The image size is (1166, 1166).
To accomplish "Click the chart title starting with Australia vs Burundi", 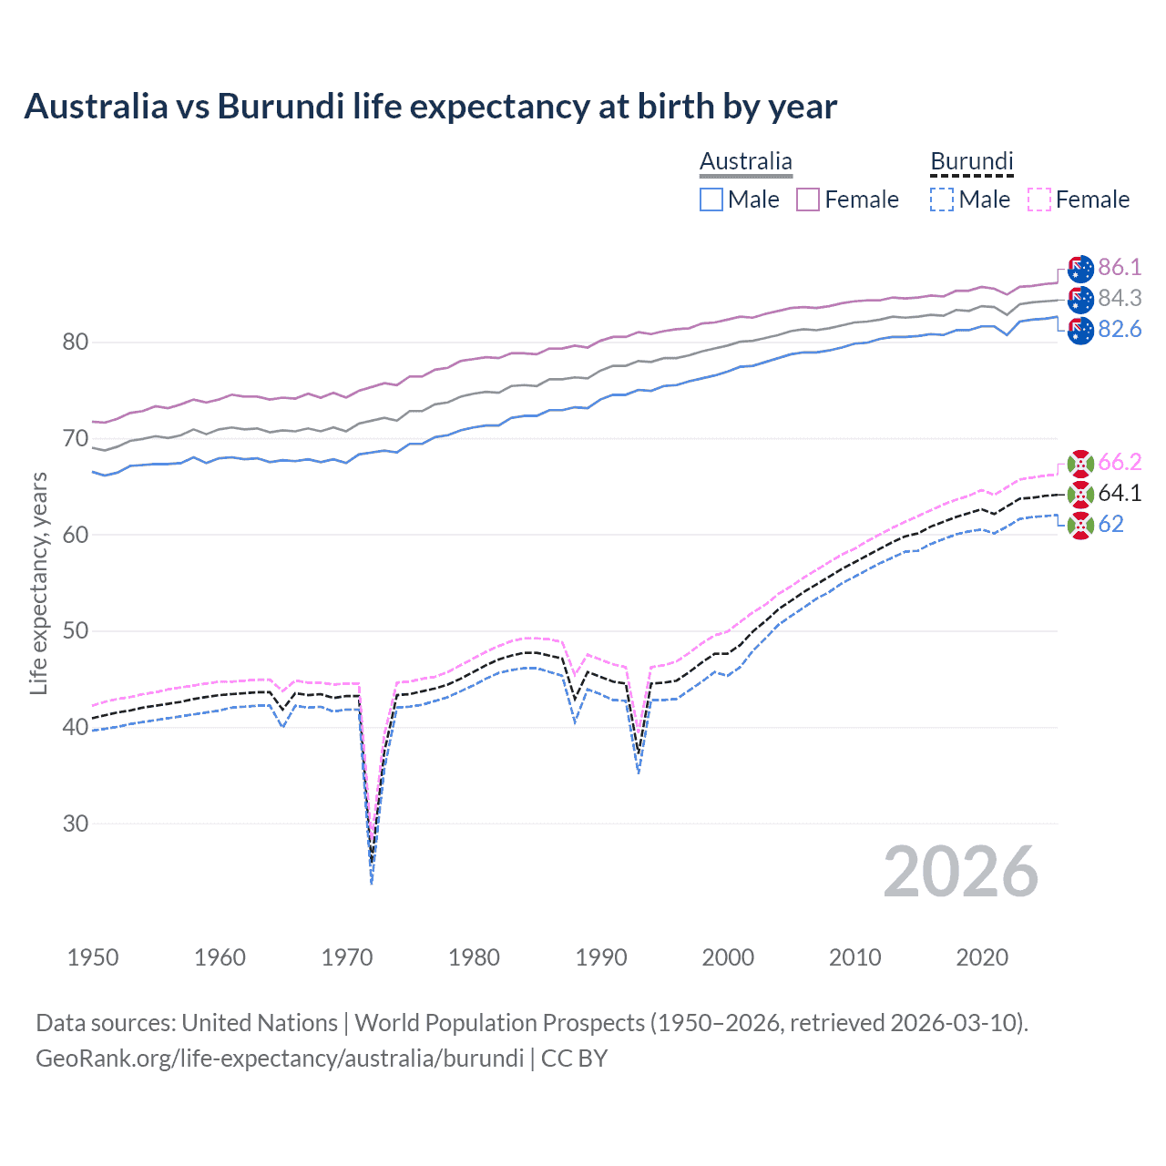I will pyautogui.click(x=430, y=107).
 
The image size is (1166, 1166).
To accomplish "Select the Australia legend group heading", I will pyautogui.click(x=745, y=162).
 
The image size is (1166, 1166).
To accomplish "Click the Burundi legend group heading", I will pyautogui.click(x=971, y=162).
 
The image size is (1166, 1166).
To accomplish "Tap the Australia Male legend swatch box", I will pyautogui.click(x=711, y=199).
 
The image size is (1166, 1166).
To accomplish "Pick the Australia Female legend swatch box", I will pyautogui.click(x=808, y=199).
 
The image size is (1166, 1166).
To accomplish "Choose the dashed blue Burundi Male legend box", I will pyautogui.click(x=942, y=199).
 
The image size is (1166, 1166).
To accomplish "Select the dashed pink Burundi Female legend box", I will pyautogui.click(x=1039, y=199).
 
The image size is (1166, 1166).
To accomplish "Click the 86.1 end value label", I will pyautogui.click(x=1120, y=267).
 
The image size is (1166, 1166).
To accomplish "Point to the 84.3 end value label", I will pyautogui.click(x=1120, y=298).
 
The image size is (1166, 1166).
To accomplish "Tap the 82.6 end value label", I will pyautogui.click(x=1120, y=329).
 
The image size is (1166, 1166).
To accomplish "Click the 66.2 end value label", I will pyautogui.click(x=1120, y=462).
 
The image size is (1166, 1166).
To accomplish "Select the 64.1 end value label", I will pyautogui.click(x=1120, y=493).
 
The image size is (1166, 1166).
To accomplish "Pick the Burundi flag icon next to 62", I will pyautogui.click(x=1080, y=525).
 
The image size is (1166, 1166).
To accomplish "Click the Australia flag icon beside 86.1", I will pyautogui.click(x=1080, y=269).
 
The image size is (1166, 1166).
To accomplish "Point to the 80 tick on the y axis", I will pyautogui.click(x=76, y=343).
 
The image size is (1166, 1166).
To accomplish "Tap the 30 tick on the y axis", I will pyautogui.click(x=76, y=823).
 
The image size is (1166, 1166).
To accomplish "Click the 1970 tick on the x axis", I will pyautogui.click(x=347, y=957).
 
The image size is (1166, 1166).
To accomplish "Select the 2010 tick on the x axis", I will pyautogui.click(x=854, y=957).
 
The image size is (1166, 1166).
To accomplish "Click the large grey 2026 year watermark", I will pyautogui.click(x=960, y=872).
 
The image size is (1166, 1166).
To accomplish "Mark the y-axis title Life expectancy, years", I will pyautogui.click(x=38, y=583).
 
